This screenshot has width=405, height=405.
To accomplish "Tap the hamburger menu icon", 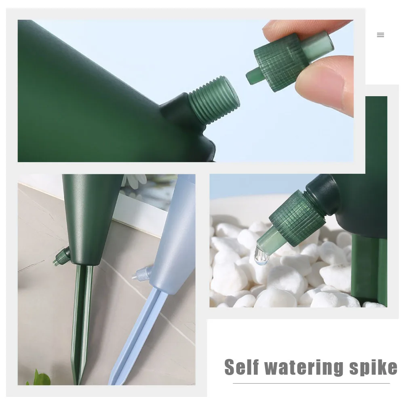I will pos(380,35).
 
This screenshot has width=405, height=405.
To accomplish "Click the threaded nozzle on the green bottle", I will pos(214,99).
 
